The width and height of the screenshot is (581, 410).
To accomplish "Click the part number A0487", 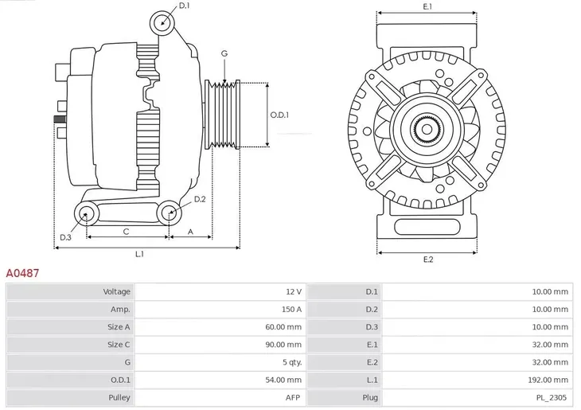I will (x=23, y=273).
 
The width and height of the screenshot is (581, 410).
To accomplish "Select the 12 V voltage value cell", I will (x=290, y=292).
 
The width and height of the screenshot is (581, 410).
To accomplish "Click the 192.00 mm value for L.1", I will (x=551, y=379).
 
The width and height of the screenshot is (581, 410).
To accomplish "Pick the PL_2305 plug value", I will (x=552, y=396).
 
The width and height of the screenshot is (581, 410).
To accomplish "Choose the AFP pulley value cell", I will (x=294, y=396).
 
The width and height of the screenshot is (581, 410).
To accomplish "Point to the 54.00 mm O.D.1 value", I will (x=285, y=379).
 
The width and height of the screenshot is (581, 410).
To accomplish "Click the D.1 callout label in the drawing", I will (x=184, y=6).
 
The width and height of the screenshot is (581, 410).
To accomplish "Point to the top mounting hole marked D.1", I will (x=162, y=21).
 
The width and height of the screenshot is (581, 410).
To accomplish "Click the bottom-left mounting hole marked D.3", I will (x=85, y=213).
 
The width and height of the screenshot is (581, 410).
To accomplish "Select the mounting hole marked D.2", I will (x=168, y=213).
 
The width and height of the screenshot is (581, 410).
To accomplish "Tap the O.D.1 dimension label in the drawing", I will (x=279, y=115).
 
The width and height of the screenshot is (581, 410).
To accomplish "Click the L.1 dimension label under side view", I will (x=139, y=254).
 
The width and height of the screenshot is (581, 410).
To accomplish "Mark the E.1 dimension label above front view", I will (x=427, y=6).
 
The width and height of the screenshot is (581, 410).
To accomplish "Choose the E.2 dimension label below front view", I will (x=427, y=260).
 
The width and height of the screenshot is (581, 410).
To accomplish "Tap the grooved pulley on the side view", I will (x=223, y=115).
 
